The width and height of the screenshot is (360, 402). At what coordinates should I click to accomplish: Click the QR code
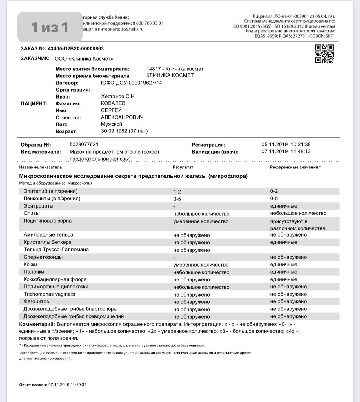point(324,54)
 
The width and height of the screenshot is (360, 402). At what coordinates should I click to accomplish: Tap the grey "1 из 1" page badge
point(50,27)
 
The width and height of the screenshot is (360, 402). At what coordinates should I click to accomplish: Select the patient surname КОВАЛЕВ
point(113,103)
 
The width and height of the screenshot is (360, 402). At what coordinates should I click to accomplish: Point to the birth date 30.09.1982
point(114,131)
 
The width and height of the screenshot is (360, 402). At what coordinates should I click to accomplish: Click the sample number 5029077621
point(84,145)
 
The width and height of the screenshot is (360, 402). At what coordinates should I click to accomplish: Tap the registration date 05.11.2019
point(274,145)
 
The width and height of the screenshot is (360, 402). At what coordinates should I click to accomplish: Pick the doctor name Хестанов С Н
point(118,97)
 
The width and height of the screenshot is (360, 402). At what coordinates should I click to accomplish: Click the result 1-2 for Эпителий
point(177,192)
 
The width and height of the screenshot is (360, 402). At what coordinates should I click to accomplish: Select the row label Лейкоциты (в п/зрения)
point(52,199)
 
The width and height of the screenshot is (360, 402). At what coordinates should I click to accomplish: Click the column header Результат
point(183,167)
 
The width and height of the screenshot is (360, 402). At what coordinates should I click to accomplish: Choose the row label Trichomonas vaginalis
point(50,294)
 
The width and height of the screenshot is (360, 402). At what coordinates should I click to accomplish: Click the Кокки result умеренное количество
point(201,265)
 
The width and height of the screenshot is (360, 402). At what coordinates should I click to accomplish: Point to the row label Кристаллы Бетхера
point(48,242)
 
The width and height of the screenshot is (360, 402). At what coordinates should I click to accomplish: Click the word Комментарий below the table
point(37,324)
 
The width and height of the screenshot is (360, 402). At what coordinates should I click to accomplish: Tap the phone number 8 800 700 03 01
point(148,23)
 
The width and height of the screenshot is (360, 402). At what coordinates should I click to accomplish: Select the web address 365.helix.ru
point(132,29)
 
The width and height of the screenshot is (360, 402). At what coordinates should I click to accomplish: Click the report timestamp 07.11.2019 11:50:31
point(67,385)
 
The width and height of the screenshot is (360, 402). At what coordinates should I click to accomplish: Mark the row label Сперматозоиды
point(43,257)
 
